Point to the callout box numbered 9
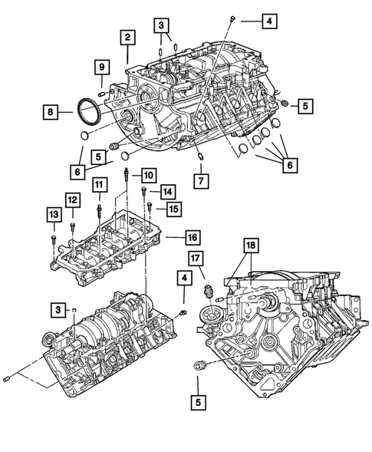click(x=101, y=68)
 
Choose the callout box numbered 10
click(x=147, y=175)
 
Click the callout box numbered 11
click(x=99, y=184)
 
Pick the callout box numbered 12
click(x=71, y=200)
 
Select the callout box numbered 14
click(x=167, y=191)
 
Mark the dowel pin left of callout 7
click(x=199, y=157)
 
